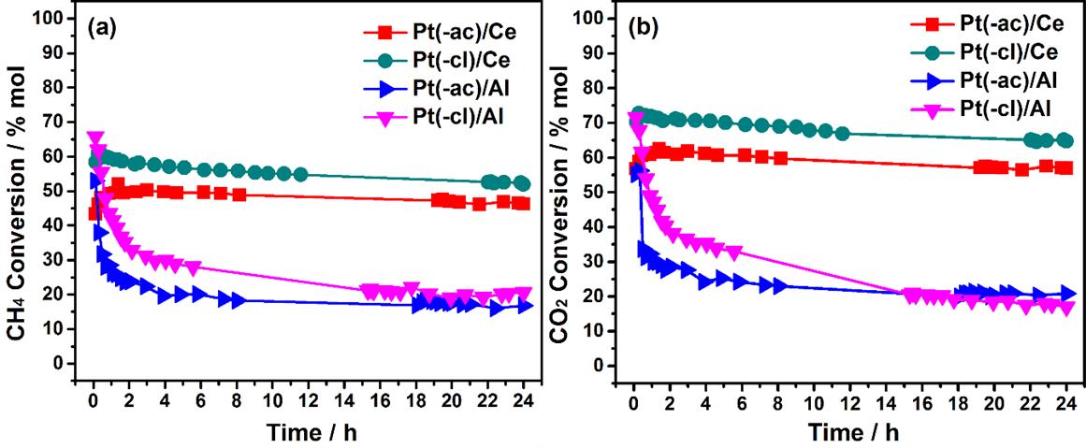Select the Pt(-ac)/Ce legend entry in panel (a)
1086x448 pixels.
[462, 32]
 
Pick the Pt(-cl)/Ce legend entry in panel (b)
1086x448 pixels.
[1000, 55]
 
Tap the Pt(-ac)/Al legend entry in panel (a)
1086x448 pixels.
[462, 89]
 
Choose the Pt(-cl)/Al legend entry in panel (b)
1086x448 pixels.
[1000, 109]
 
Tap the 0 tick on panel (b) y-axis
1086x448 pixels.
[612, 365]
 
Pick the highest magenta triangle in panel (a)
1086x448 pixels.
[94, 138]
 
